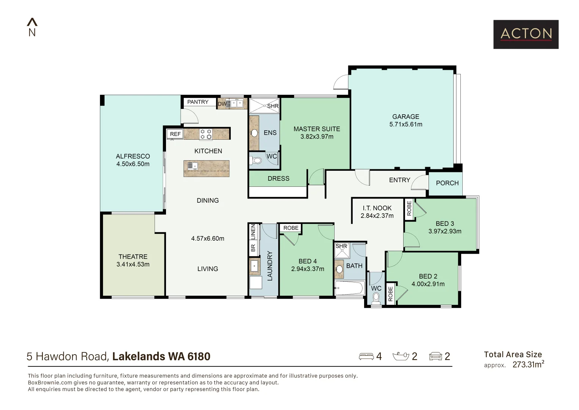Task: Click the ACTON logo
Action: [526, 34]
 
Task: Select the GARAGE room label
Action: [405, 117]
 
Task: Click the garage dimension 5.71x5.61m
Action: [405, 124]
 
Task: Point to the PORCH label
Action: [447, 183]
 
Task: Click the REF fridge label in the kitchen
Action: [175, 134]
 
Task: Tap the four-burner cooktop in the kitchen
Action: [206, 134]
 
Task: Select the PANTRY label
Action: [198, 102]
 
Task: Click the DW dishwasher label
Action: [222, 104]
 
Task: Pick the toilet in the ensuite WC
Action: [257, 161]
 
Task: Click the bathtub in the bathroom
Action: [349, 288]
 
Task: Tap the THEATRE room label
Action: [133, 257]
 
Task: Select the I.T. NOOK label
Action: [377, 208]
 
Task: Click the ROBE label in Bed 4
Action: [291, 228]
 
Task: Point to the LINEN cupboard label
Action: [253, 232]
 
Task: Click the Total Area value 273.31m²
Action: [528, 365]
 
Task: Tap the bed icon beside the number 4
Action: [366, 356]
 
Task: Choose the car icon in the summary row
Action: [435, 356]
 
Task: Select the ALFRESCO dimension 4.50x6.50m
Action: [133, 164]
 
